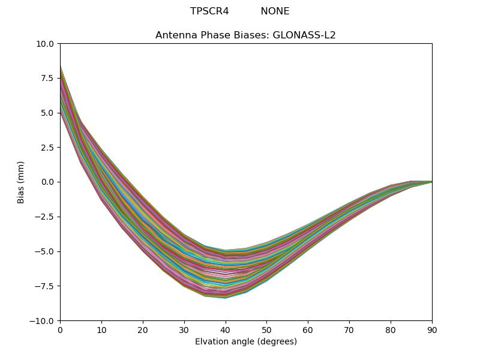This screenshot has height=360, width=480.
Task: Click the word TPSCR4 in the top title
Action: point(209,11)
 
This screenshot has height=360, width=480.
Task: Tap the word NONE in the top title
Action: point(275,11)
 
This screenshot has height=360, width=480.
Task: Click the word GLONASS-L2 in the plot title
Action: point(304,35)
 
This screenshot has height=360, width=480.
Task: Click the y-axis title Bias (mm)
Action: point(21,182)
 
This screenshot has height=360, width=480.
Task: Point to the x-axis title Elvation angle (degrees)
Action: point(246,342)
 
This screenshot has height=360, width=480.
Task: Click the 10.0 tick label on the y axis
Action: point(45,44)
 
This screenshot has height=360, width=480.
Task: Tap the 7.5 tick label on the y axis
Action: point(47,78)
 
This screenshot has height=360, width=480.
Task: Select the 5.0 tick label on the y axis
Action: point(47,113)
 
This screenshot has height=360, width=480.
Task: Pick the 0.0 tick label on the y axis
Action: point(47,182)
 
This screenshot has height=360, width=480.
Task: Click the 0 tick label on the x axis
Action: point(60,329)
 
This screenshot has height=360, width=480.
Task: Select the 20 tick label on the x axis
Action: point(143,329)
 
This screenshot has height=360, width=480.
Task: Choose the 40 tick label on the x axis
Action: point(226,329)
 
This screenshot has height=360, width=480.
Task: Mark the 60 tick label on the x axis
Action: point(308,329)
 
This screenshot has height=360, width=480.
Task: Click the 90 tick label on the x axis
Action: point(432,329)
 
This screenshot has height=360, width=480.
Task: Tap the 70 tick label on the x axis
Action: point(349,329)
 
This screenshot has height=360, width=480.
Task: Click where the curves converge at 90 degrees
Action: point(431,181)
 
